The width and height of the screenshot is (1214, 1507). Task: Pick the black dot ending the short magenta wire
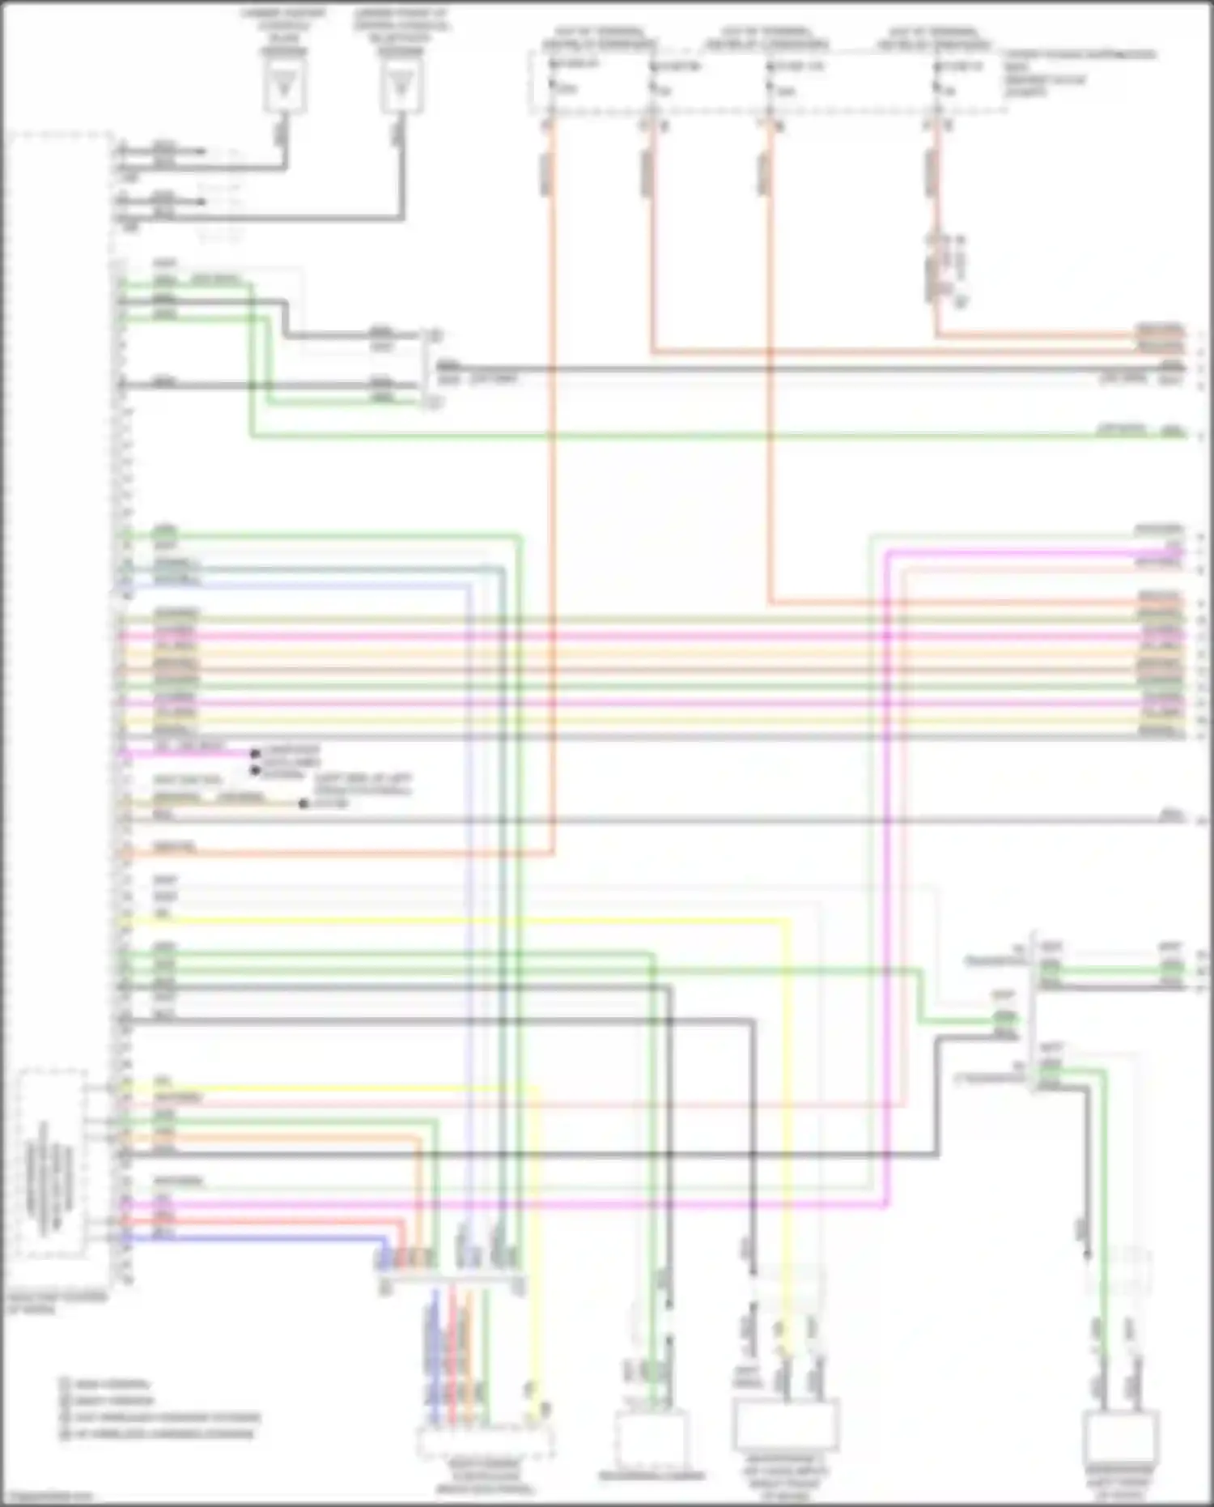[x=255, y=753]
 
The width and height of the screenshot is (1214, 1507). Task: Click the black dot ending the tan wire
[x=303, y=803]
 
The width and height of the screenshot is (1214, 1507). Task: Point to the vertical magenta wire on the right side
[x=888, y=891]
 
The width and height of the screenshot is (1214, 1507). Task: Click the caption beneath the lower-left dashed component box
[x=57, y=1303]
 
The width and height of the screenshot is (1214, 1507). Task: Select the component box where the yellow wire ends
[x=785, y=1426]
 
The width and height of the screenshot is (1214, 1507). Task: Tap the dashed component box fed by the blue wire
[x=486, y=1442]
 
